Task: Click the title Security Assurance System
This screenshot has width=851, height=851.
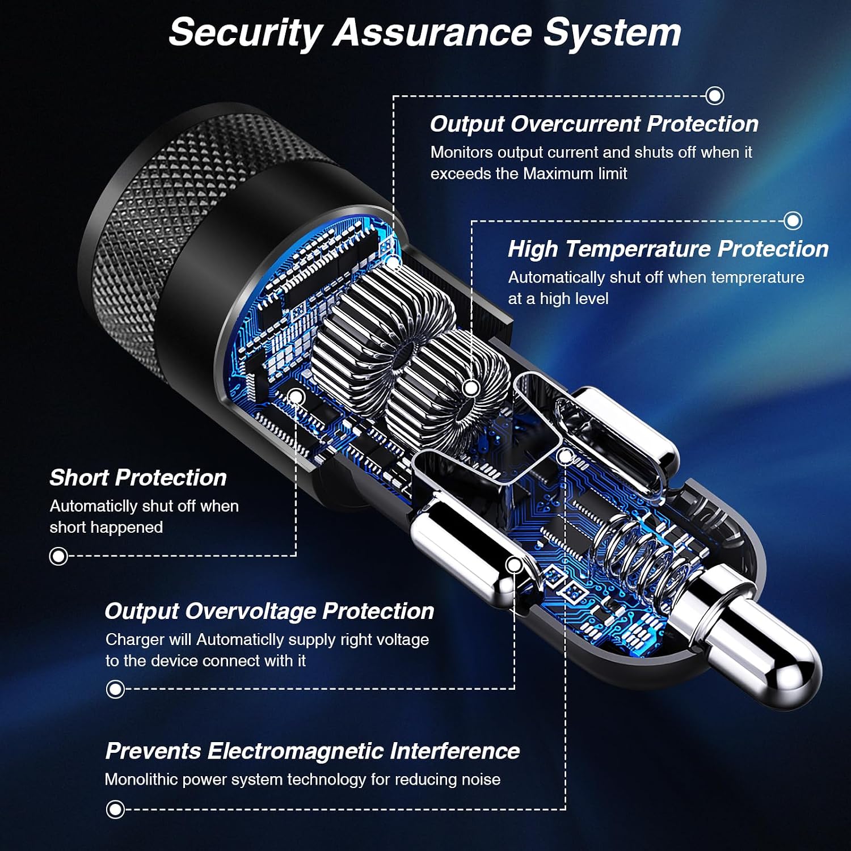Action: (x=425, y=32)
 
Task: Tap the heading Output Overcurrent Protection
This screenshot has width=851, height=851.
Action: (x=594, y=124)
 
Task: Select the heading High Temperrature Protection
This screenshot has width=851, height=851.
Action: (x=668, y=249)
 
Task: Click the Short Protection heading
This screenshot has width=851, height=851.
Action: (x=138, y=478)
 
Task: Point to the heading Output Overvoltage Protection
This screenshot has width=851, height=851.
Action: (x=269, y=612)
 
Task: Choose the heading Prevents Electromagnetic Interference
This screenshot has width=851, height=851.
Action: (x=313, y=751)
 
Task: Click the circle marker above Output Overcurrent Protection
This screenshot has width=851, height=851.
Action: (x=715, y=95)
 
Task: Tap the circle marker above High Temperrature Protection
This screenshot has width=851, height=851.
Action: (x=793, y=221)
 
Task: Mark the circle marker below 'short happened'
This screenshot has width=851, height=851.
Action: (x=58, y=556)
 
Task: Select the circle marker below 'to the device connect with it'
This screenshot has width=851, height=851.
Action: (x=115, y=689)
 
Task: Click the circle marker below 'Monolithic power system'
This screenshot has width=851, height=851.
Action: (x=115, y=810)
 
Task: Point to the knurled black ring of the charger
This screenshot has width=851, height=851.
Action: (x=187, y=227)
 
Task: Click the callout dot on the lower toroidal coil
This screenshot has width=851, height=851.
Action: (x=471, y=389)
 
